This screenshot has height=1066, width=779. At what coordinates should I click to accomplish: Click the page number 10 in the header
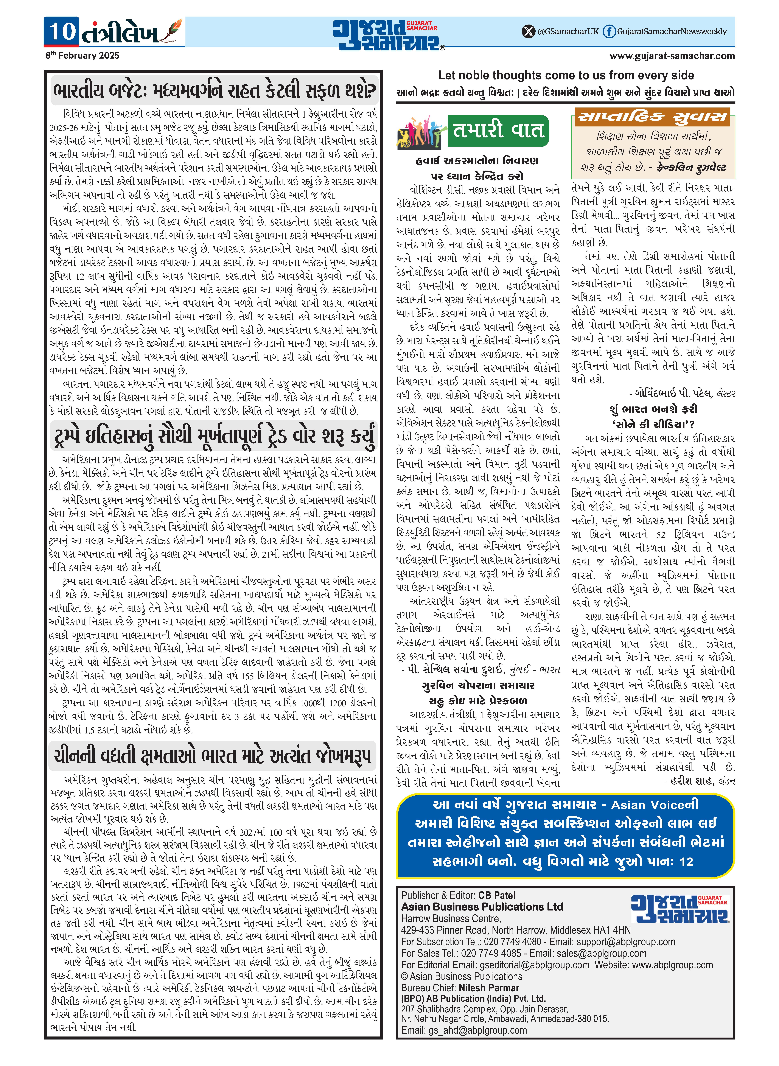pos(62,31)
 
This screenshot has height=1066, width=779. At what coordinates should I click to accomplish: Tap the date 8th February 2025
pos(82,56)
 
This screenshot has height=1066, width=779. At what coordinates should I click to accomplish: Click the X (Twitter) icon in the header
pos(528,32)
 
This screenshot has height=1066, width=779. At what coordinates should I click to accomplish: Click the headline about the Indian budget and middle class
pos(215,90)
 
